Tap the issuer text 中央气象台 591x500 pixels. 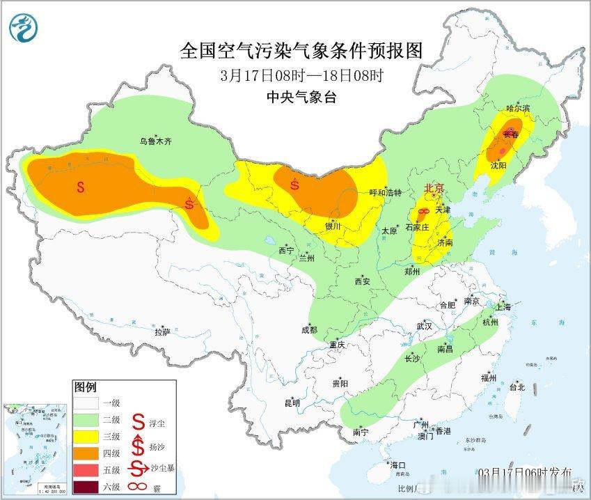301,97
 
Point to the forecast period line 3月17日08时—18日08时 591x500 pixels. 301,75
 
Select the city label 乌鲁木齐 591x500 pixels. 155,141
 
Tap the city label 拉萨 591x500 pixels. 162,332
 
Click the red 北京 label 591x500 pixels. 434,189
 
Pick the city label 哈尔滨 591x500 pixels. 518,109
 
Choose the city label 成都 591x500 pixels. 309,330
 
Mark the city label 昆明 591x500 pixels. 292,403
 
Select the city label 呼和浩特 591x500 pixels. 385,193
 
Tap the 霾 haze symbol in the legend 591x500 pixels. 139,486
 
